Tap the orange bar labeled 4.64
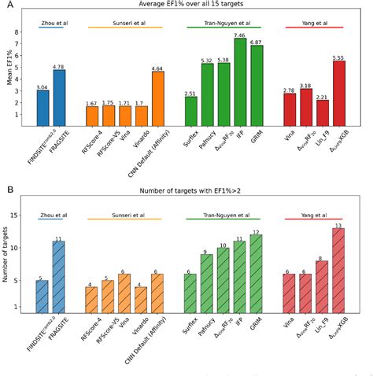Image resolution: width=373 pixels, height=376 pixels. point(157,101)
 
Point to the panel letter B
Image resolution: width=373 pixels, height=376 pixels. point(9,190)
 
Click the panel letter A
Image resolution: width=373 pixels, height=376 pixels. point(9,6)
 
